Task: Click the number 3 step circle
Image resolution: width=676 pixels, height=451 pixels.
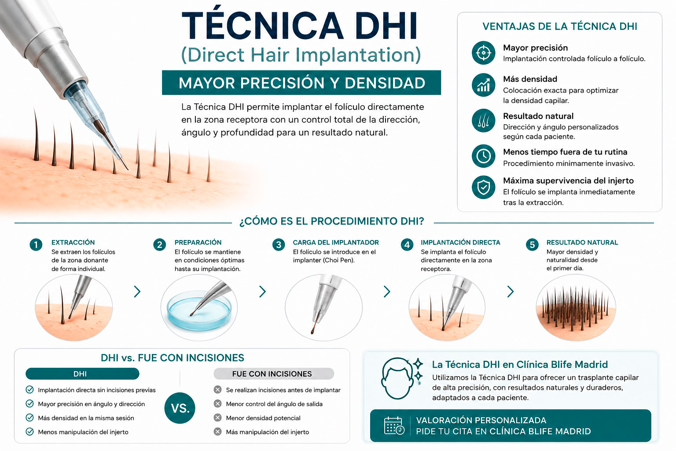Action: point(279,244)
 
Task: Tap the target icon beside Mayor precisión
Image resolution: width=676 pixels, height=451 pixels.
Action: point(484,53)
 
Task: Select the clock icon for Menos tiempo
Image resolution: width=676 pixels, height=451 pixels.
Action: point(484,156)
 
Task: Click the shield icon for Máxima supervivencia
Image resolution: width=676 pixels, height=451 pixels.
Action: point(484,187)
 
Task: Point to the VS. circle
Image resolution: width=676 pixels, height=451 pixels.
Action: point(180,408)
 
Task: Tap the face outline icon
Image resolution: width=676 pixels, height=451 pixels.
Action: point(397,378)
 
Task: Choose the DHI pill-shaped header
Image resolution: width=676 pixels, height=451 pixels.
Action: point(82,373)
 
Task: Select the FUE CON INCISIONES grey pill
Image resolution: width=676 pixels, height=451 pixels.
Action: point(274,373)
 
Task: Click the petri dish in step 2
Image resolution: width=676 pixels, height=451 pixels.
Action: point(199,311)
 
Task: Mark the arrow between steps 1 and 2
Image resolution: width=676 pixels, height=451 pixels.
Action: point(137,292)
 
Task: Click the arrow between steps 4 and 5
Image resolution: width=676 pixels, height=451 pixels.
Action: point(511,292)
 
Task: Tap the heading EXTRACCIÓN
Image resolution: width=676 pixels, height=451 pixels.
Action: point(73,242)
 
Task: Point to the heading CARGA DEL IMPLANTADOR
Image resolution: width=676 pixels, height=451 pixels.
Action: point(336,242)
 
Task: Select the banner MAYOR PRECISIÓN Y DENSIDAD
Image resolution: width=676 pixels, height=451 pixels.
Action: point(301,82)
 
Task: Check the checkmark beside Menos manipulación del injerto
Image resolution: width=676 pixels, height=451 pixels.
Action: point(29,432)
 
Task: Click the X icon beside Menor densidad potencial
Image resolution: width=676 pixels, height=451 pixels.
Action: point(217,418)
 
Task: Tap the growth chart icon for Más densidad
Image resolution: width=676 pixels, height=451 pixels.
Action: point(484,85)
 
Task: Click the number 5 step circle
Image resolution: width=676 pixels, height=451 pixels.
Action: point(532,244)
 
